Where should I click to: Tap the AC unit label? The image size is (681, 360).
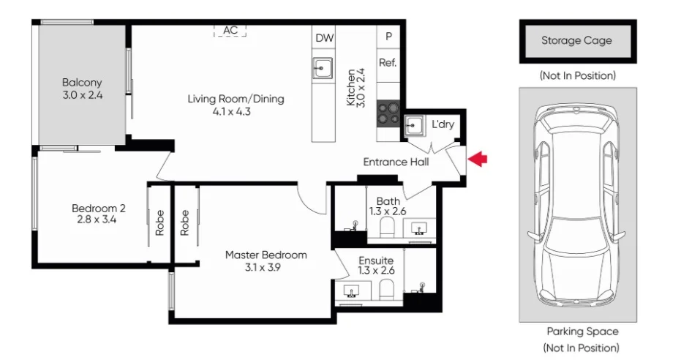click(230, 30)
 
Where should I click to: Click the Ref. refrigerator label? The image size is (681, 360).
click(388, 63)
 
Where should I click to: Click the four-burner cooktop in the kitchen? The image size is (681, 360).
click(388, 116)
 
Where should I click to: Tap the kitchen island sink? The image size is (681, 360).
click(323, 69)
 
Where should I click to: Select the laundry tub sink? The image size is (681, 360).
click(415, 125)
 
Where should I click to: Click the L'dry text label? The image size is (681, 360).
click(443, 124)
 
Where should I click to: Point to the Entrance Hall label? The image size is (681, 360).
click(396, 162)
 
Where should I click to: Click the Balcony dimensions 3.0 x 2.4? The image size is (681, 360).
click(82, 95)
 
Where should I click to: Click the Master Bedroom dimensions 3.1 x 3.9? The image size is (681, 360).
click(266, 267)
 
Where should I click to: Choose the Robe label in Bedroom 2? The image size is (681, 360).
click(159, 222)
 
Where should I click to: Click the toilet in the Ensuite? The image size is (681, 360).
click(385, 291)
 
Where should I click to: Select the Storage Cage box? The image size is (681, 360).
click(576, 41)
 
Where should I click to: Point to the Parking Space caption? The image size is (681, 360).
click(582, 331)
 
